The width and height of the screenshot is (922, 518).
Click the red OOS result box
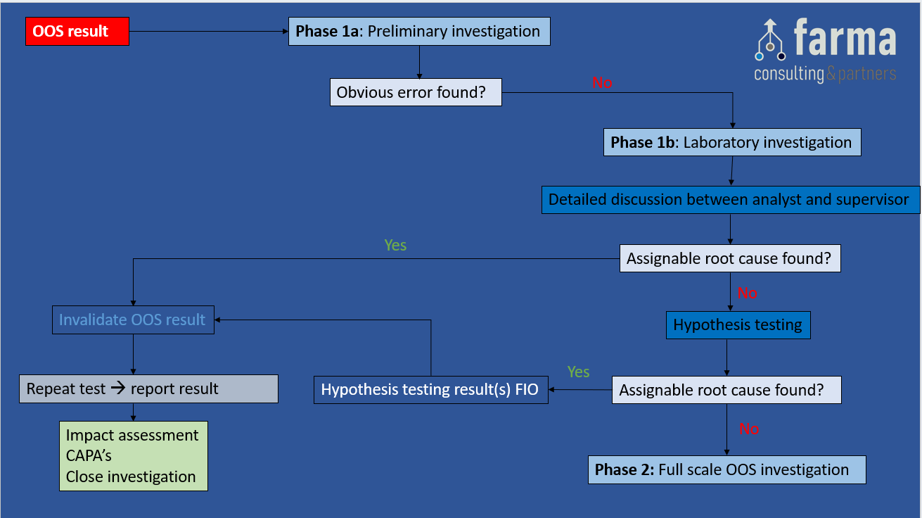pos(77,32)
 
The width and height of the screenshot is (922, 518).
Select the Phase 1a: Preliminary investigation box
pos(418,32)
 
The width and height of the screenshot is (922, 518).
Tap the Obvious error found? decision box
pos(416,92)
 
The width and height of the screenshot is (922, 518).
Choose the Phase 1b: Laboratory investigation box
pos(731,142)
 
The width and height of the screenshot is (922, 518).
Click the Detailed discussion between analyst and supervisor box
pos(729,200)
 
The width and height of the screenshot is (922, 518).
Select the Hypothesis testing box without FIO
pos(738,325)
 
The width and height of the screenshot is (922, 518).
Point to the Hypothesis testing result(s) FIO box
pos(430,390)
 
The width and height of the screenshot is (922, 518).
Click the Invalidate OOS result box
pos(133,320)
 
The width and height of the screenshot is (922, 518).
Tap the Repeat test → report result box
pos(148,388)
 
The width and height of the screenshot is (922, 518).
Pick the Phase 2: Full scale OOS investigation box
pos(726,469)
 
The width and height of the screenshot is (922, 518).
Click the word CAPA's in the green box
pos(89,456)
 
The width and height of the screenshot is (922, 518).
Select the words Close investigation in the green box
pos(131,476)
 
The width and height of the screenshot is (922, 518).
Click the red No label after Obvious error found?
pos(602,83)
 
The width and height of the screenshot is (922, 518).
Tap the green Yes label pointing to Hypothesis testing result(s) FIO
pos(578,372)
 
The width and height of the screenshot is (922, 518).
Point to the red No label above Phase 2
pos(749,429)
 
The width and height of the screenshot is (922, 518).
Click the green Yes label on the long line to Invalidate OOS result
pos(395,245)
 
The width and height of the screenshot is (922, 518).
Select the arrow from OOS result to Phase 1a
pos(208,32)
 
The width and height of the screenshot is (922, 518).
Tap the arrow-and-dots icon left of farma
pos(770,41)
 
